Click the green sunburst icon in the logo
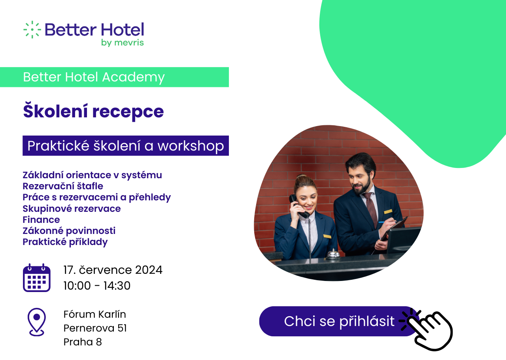click(x=32, y=30)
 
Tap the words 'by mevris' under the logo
click(x=123, y=43)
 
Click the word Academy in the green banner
click(x=134, y=77)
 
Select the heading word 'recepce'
click(x=128, y=112)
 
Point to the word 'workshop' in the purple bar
click(x=191, y=146)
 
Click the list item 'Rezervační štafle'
click(x=63, y=186)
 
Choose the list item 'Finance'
click(x=41, y=220)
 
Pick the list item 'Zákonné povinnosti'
click(x=69, y=231)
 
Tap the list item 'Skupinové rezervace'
click(x=72, y=209)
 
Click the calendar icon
click(x=37, y=277)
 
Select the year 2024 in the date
click(x=149, y=270)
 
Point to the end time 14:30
click(x=117, y=286)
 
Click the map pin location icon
click(x=37, y=322)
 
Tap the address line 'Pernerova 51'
click(x=95, y=328)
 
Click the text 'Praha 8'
click(x=83, y=342)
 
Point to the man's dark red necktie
click(x=370, y=208)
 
